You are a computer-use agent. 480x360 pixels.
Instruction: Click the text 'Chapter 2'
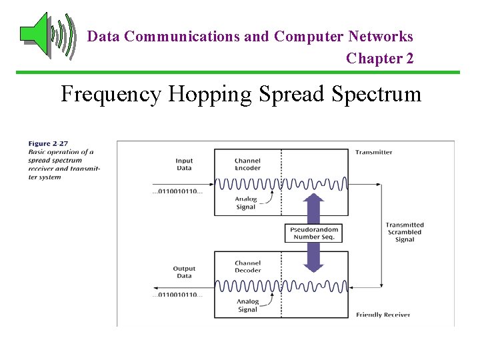click(x=379, y=59)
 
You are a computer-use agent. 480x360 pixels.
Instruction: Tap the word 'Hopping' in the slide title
click(x=209, y=94)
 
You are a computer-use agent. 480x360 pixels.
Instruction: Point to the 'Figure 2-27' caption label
click(x=48, y=143)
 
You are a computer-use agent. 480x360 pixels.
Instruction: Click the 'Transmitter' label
click(x=373, y=152)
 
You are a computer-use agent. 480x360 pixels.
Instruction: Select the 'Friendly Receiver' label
click(x=383, y=315)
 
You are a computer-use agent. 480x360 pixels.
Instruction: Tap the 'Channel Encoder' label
click(x=248, y=164)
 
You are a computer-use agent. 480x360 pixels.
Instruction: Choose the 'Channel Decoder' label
click(x=248, y=267)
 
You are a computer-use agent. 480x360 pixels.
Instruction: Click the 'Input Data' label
click(x=184, y=164)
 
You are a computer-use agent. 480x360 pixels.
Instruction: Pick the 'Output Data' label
click(x=184, y=272)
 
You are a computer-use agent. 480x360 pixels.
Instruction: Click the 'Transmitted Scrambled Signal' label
click(x=404, y=232)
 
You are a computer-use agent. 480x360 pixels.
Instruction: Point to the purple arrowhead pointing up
click(x=314, y=200)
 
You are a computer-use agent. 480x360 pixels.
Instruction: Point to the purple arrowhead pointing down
click(x=314, y=266)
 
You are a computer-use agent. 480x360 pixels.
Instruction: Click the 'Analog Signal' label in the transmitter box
click(x=245, y=203)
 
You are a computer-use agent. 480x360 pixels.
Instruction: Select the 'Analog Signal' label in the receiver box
click(x=247, y=305)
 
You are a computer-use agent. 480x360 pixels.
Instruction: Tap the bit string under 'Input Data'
click(x=177, y=192)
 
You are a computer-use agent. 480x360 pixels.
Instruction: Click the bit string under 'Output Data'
click(x=177, y=295)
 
